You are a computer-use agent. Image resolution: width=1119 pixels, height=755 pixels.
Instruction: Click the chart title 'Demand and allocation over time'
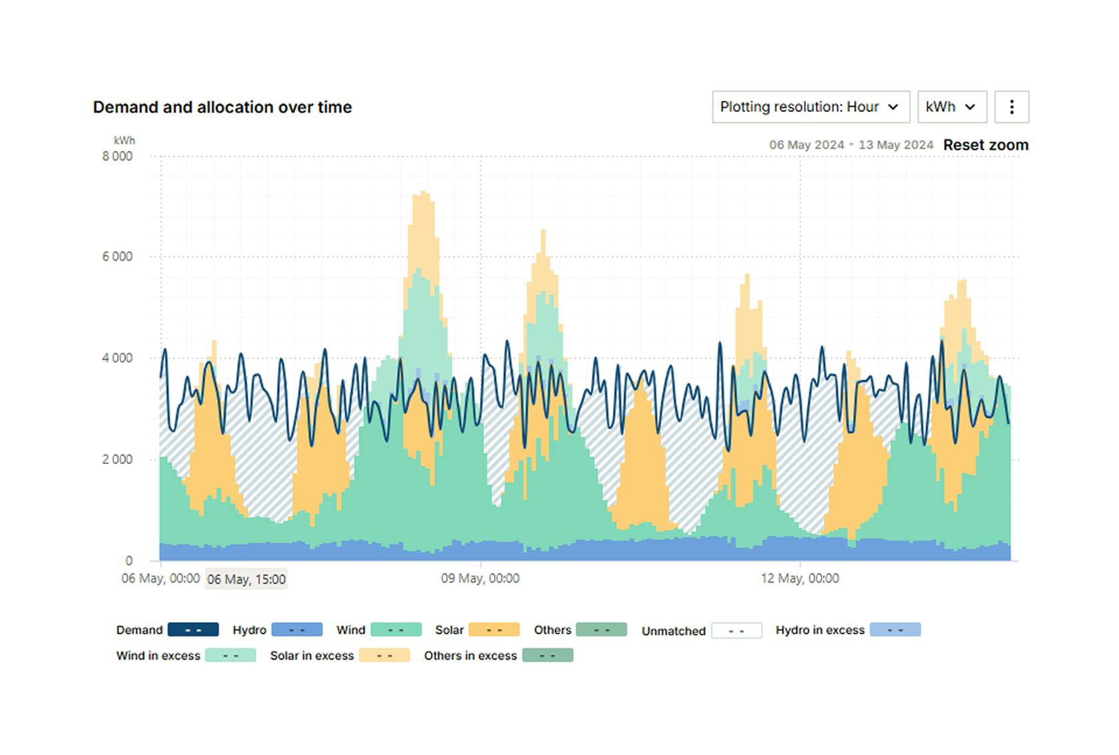pos(222,107)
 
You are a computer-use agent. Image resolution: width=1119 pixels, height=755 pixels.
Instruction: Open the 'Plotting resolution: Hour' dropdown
pos(810,107)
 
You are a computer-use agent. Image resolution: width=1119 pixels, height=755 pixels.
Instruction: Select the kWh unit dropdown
pos(951,107)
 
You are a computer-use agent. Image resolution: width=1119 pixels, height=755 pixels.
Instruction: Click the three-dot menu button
pos(1011,107)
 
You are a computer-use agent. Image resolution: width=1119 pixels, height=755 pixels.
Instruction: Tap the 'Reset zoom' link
pos(985,145)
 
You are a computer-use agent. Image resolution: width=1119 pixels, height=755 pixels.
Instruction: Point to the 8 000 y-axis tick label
pos(118,156)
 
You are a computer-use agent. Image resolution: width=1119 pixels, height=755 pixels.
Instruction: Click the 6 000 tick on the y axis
pos(118,257)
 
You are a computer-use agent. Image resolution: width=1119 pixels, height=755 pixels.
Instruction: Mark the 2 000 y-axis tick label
pos(118,459)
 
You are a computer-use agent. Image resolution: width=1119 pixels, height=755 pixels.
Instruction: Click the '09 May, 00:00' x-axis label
pos(480,578)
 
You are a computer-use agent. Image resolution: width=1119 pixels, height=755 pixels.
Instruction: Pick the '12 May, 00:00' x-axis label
pos(800,578)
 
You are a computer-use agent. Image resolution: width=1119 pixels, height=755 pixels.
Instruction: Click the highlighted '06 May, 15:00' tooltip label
pos(246,579)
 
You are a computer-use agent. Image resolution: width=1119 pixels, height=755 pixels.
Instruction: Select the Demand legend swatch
pos(193,630)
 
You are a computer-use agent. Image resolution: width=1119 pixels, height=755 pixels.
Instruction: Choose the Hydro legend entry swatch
pos(297,630)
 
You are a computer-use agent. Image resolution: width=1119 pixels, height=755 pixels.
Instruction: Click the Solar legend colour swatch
pos(494,630)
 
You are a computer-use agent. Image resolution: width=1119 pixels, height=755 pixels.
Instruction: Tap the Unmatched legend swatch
pos(736,630)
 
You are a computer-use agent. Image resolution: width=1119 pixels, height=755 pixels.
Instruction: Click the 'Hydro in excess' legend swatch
pos(895,630)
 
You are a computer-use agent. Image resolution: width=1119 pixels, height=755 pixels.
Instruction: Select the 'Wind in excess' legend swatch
pos(230,656)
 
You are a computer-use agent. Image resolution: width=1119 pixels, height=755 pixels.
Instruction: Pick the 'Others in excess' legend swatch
pos(547,656)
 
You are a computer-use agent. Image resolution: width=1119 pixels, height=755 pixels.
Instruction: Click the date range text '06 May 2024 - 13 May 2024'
pos(851,145)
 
